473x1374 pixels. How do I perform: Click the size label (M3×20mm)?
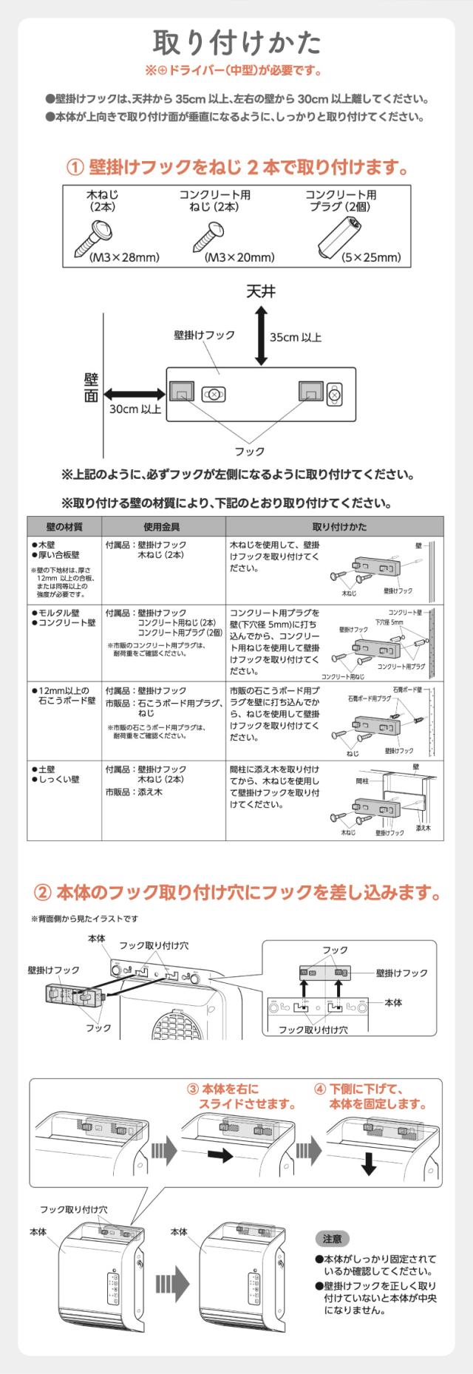point(239,258)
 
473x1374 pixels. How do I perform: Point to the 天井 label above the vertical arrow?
point(260,292)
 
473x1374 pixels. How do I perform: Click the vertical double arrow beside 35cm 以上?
point(260,336)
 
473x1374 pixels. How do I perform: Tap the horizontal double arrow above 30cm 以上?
point(134,393)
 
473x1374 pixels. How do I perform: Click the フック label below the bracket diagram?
point(249,451)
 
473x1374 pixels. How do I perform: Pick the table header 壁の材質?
point(64,527)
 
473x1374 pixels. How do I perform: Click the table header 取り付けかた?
point(334,527)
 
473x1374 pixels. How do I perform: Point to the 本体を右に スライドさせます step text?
point(241,1097)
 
